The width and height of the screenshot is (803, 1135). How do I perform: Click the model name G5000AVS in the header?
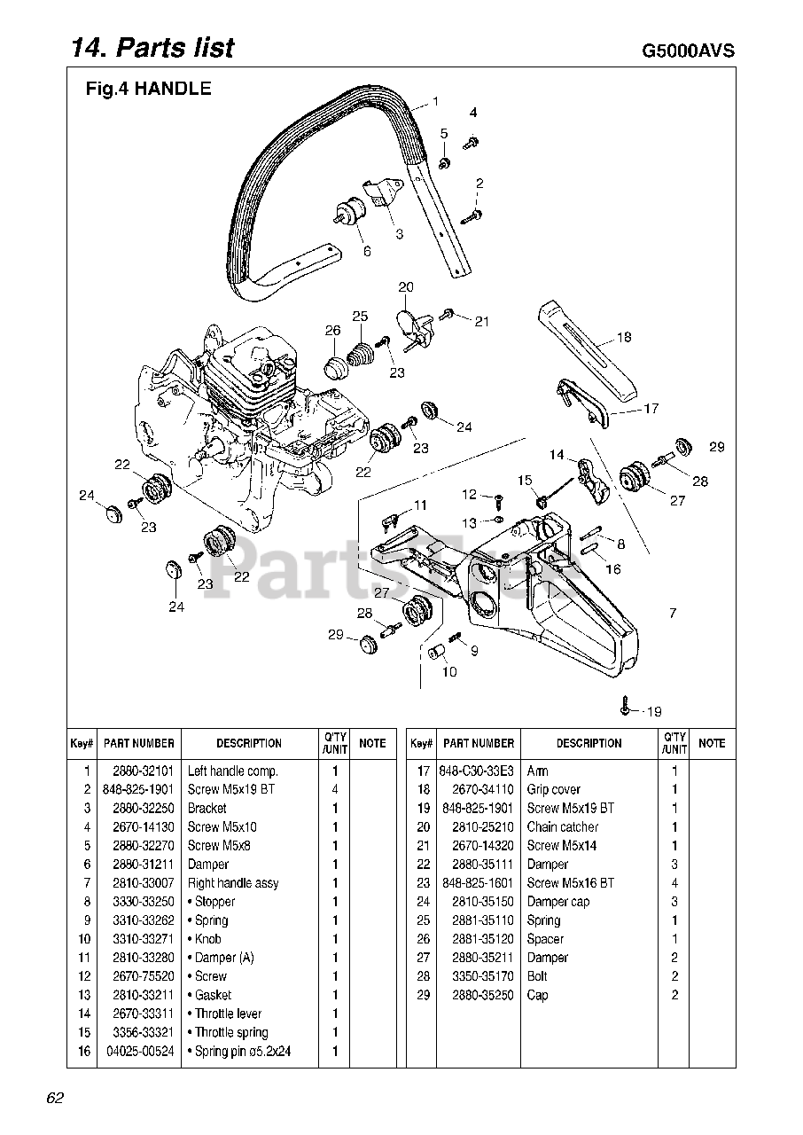point(688,51)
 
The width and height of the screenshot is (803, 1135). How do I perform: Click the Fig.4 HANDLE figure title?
point(148,89)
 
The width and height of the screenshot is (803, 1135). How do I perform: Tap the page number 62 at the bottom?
point(55,1099)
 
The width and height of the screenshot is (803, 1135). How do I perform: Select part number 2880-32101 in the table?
point(139,771)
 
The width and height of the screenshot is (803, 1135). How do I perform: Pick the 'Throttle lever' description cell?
point(228,1014)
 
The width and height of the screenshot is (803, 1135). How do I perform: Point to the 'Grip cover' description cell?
point(553,790)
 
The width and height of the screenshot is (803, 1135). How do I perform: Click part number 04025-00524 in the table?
point(139,1052)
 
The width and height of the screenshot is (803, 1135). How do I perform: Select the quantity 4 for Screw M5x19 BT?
point(335,790)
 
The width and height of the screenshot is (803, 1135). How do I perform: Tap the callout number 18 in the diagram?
point(625,337)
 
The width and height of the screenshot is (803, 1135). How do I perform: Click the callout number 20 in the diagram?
point(405,287)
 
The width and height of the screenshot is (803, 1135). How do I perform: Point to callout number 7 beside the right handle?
point(673,614)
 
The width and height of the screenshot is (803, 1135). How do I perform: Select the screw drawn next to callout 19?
point(627,709)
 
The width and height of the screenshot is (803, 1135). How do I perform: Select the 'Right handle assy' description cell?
point(233,883)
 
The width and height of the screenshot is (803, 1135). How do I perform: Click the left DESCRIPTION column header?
point(249,744)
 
